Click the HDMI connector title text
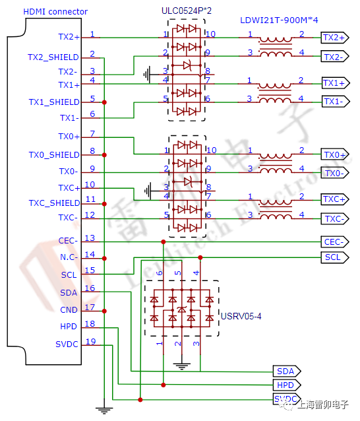pyautogui.click(x=55, y=12)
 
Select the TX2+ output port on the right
pyautogui.click(x=334, y=38)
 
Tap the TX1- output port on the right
pyautogui.click(x=334, y=101)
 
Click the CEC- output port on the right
pyautogui.click(x=334, y=242)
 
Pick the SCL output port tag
pyautogui.click(x=334, y=257)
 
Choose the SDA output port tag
pyautogui.click(x=286, y=371)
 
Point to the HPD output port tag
pyautogui.click(x=286, y=385)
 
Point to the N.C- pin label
pyautogui.click(x=68, y=257)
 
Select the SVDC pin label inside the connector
pyautogui.click(x=67, y=344)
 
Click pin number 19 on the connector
pyautogui.click(x=90, y=341)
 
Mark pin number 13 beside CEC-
pyautogui.click(x=90, y=238)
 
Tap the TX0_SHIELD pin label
pyautogui.click(x=53, y=155)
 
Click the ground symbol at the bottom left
pyautogui.click(x=104, y=409)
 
